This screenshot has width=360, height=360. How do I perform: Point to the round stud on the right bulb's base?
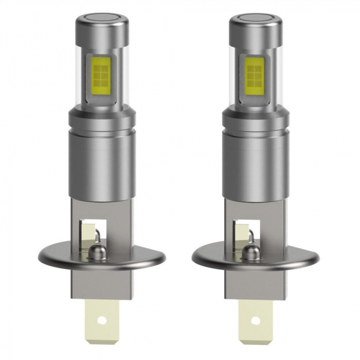tap(254, 252)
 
